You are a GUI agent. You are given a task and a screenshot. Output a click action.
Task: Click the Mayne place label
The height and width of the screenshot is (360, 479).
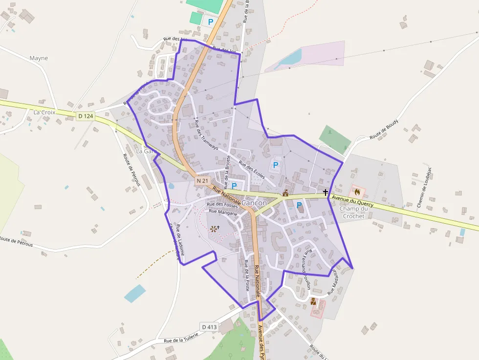(39, 58)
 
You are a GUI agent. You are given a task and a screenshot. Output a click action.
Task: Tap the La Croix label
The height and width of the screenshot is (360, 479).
(44, 112)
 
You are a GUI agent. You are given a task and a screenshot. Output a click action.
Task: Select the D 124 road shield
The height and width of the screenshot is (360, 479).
(85, 116)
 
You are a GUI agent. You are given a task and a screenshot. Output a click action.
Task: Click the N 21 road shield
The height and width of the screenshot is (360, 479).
(202, 181)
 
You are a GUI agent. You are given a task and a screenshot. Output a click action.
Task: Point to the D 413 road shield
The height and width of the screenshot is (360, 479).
(209, 326)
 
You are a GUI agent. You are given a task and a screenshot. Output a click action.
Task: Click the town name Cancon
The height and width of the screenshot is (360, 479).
(254, 203)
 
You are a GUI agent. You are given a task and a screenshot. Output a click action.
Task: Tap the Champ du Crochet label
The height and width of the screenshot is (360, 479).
(352, 212)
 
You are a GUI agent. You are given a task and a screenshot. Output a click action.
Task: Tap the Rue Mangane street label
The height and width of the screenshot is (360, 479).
(223, 212)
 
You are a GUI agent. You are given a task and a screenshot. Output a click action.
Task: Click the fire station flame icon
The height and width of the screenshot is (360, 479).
(357, 191)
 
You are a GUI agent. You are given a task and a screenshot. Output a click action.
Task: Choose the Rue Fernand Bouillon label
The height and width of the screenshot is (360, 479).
(306, 269)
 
